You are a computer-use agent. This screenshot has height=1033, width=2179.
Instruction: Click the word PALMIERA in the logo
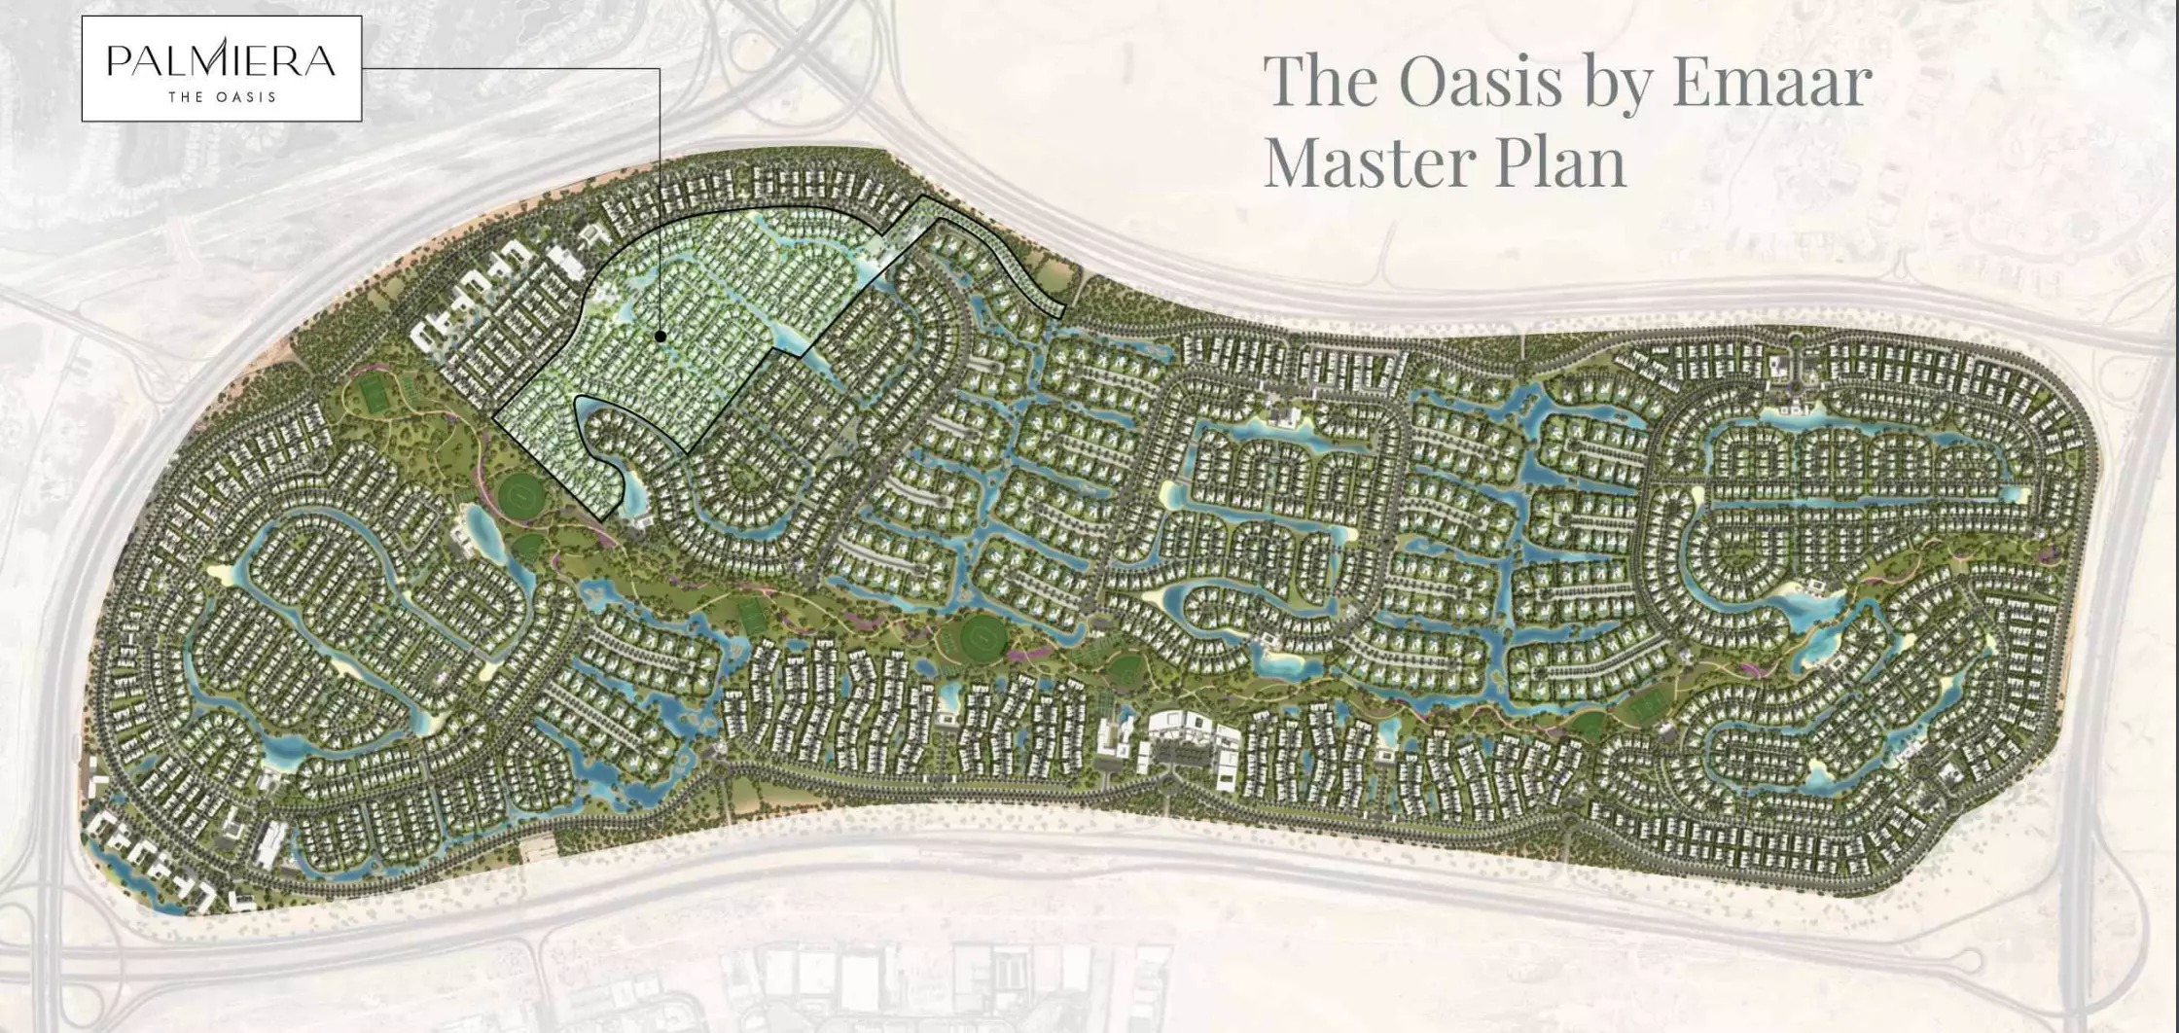(221, 60)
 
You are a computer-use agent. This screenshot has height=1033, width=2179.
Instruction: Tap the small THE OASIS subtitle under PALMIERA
(222, 97)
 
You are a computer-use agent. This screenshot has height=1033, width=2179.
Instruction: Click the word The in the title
(1321, 80)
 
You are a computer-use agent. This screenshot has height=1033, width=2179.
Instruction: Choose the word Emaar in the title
(1771, 80)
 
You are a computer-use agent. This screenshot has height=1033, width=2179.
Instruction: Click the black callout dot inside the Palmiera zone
(661, 336)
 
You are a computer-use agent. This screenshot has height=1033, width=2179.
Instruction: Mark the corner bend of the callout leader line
(660, 69)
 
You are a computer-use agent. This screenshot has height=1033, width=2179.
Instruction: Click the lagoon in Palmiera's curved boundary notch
(633, 492)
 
